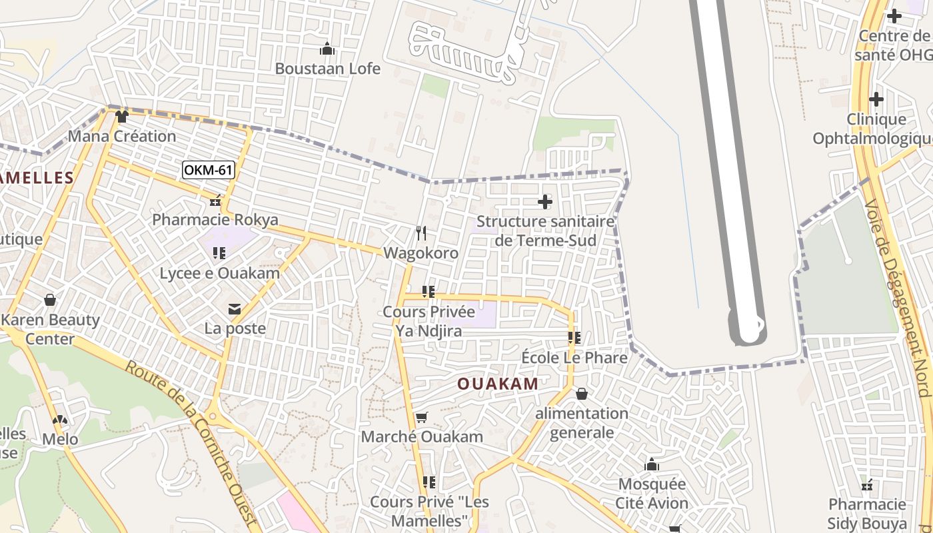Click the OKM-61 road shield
[208, 170]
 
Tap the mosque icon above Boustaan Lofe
[327, 49]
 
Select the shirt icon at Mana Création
[121, 117]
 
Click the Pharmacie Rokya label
[215, 219]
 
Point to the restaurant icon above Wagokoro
[421, 233]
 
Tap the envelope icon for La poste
[235, 309]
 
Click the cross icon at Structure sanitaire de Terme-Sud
[545, 201]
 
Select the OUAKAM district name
[498, 384]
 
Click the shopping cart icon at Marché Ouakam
[421, 418]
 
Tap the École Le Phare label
[574, 358]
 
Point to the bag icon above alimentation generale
[582, 394]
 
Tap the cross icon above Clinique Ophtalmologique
[876, 100]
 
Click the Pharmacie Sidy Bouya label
[867, 513]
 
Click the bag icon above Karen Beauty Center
[50, 300]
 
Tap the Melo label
[60, 439]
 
